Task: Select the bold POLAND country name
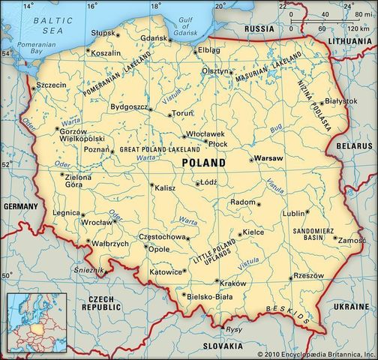203,163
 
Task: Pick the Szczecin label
51,85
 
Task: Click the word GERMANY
19,206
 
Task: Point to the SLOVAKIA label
221,346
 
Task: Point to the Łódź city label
209,182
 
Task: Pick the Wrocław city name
97,223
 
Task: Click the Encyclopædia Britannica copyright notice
316,353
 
